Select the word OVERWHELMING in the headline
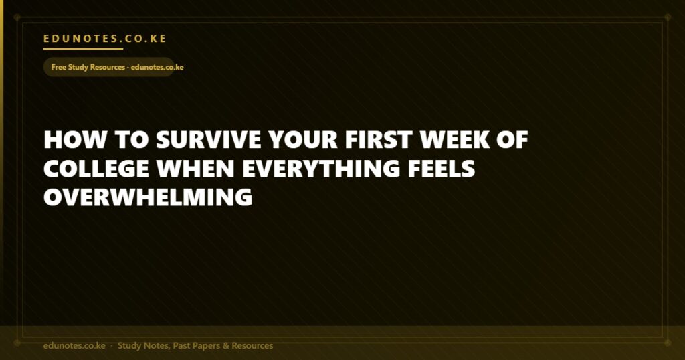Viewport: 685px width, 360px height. [x=148, y=197]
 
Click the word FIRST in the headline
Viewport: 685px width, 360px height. [x=379, y=140]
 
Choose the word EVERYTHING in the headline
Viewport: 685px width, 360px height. [x=321, y=169]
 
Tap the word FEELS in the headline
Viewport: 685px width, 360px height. [x=442, y=169]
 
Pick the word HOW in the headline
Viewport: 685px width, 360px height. [x=75, y=140]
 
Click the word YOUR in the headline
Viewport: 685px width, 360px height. [x=303, y=140]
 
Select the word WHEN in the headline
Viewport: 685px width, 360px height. [x=196, y=169]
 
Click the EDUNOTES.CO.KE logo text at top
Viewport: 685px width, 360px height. [x=105, y=39]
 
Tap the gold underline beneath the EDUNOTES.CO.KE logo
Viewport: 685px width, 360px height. [x=83, y=48]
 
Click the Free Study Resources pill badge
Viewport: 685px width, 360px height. [x=109, y=67]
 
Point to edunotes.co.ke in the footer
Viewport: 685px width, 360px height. [x=74, y=345]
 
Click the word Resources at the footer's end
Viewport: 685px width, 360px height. [x=252, y=345]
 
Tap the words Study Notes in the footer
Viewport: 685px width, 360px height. [x=143, y=345]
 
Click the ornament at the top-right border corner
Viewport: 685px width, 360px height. [x=668, y=17]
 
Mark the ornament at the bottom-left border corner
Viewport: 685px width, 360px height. [x=17, y=343]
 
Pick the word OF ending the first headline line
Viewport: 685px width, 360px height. [x=513, y=140]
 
